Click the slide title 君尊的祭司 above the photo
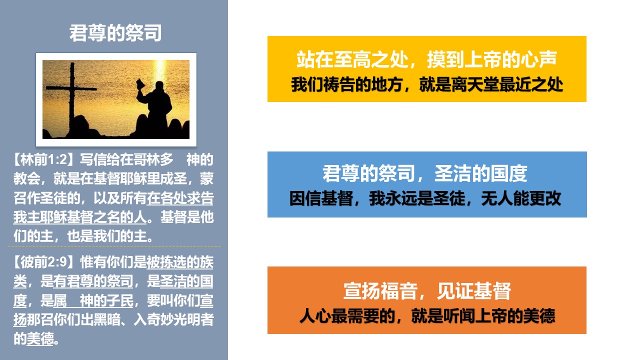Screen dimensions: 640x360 click(115, 33)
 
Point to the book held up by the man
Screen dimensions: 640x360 click(140, 84)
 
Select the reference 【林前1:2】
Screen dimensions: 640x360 click(45, 159)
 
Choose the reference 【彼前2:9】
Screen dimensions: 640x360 click(45, 262)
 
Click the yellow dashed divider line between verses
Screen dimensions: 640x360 click(114, 246)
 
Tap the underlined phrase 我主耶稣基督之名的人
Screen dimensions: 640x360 click(79, 217)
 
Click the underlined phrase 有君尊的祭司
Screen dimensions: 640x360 click(93, 281)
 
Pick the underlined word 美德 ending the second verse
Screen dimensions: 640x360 click(40, 339)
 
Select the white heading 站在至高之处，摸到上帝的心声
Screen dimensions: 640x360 click(426, 59)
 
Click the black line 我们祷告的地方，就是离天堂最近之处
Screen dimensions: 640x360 click(427, 84)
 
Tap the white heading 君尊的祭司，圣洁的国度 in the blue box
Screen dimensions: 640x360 click(425, 173)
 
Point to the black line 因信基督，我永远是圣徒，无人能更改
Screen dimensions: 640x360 click(425, 198)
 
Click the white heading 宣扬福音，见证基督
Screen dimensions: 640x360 click(427, 291)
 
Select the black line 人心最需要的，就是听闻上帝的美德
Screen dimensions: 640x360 click(427, 315)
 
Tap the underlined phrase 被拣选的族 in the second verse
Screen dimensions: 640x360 click(180, 262)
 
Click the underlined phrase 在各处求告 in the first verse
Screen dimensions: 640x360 click(180, 198)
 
